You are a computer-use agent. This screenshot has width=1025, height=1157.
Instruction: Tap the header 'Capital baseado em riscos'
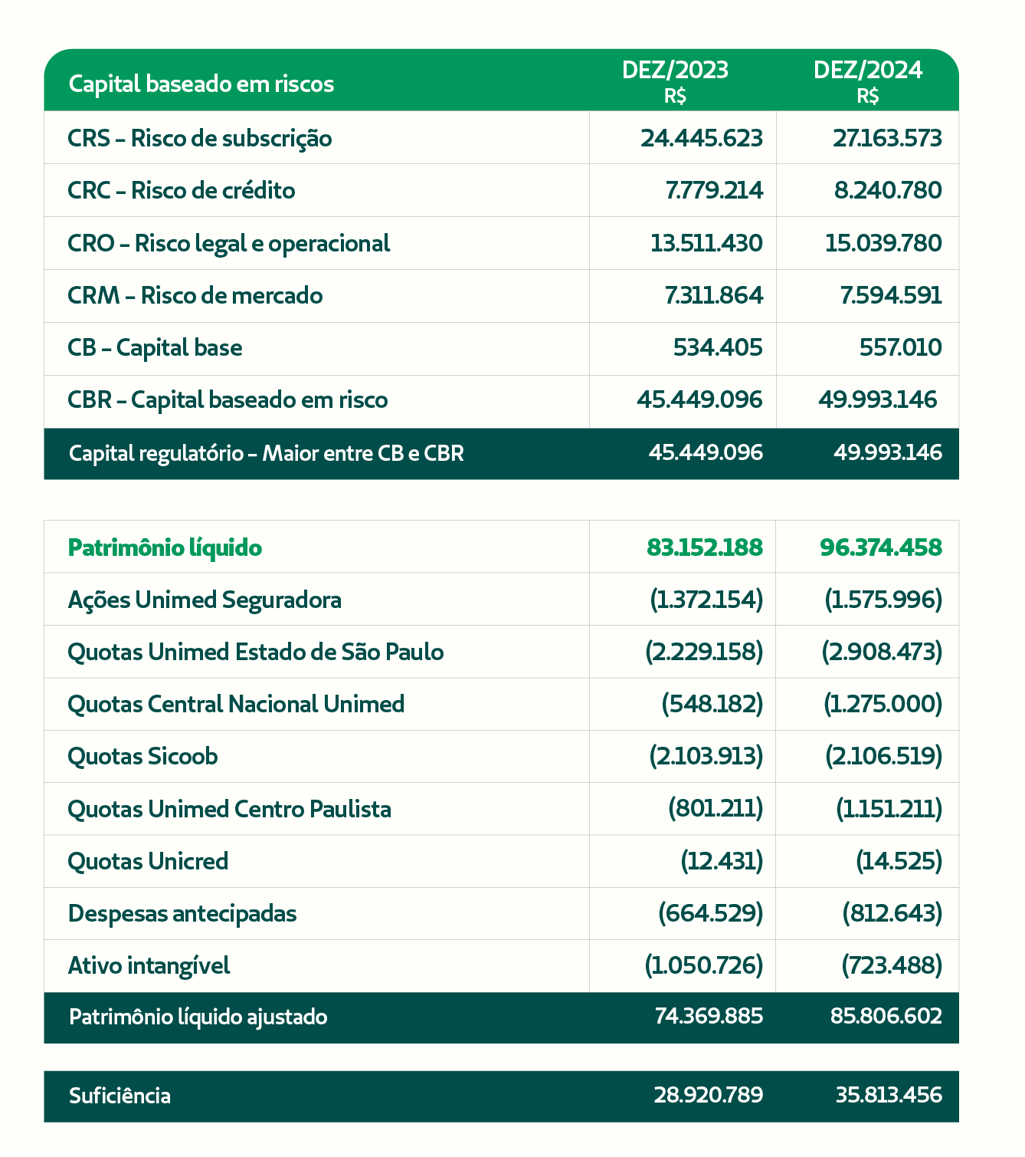201,84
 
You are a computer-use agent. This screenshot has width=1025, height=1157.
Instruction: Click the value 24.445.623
702,138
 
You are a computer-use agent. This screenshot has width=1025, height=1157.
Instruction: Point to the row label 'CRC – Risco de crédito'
181,191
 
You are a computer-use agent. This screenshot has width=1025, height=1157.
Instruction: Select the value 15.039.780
883,243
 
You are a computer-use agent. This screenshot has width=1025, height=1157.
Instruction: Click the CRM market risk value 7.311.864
713,296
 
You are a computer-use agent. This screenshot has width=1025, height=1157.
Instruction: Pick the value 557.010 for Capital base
901,347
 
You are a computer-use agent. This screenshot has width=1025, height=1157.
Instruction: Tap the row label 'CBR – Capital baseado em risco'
228,399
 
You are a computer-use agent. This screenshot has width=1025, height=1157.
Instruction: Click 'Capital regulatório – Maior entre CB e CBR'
266,453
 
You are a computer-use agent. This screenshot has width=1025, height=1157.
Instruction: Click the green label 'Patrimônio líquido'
165,547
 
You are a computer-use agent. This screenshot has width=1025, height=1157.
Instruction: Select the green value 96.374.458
881,547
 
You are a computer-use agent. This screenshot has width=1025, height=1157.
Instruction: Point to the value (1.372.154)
706,600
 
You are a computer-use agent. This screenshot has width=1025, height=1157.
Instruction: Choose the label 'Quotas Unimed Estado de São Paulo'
256,652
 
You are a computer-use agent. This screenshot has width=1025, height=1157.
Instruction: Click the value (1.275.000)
883,704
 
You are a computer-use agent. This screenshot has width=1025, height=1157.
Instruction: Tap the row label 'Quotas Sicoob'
142,757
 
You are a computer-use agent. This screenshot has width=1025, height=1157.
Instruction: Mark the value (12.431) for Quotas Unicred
722,861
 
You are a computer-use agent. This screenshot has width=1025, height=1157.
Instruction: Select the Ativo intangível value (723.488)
892,965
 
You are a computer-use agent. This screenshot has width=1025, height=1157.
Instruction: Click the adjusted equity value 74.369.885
709,1016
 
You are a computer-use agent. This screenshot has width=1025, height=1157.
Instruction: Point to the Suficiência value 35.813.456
889,1095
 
